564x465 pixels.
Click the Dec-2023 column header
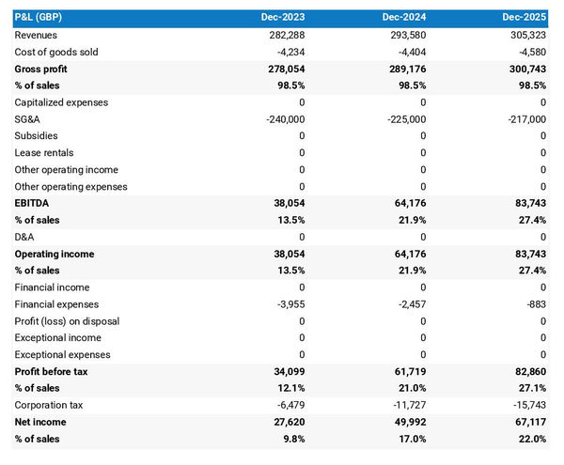(283, 18)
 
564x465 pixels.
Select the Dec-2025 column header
(525, 18)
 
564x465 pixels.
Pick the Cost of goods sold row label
(56, 52)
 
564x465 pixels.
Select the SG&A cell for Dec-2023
(281, 119)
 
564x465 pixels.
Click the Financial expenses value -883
(534, 304)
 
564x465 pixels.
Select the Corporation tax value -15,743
(525, 406)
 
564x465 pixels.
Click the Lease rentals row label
(44, 153)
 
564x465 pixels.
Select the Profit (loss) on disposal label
(67, 321)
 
